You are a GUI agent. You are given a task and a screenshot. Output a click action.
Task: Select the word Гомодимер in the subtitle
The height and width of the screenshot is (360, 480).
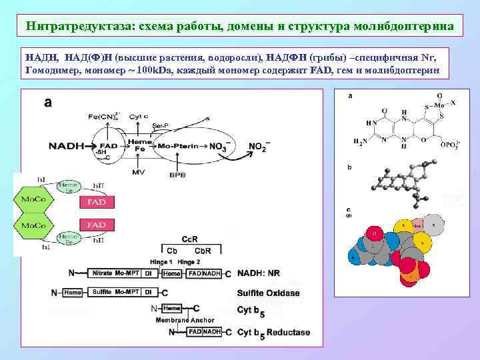52,69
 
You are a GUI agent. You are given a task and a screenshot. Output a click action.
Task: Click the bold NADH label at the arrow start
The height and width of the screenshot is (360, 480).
66,145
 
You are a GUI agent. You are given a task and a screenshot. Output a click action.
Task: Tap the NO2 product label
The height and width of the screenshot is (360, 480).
259,147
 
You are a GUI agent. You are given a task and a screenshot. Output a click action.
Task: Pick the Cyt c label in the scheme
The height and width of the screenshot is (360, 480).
139,117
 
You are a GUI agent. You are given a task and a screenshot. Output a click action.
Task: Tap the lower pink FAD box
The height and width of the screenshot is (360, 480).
97,225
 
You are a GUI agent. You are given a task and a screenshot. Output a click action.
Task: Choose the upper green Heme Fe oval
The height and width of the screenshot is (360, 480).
68,188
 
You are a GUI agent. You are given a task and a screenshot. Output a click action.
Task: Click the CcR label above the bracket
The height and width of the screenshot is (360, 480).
189,239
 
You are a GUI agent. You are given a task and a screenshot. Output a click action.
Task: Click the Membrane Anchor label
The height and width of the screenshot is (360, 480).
185,320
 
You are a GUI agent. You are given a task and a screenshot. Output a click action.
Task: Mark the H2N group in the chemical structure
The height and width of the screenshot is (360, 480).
361,141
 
